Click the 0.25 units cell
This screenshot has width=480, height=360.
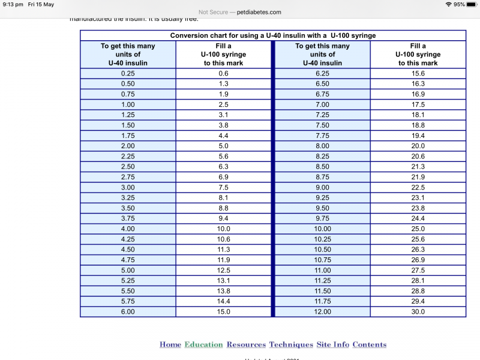pyautogui.click(x=128, y=73)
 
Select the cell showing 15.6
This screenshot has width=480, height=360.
pyautogui.click(x=418, y=73)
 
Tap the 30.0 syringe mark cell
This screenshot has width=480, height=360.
pyautogui.click(x=418, y=311)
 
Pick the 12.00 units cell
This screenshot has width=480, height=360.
pyautogui.click(x=322, y=311)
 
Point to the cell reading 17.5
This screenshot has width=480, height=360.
pyautogui.click(x=418, y=104)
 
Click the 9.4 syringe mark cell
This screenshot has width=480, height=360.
pyautogui.click(x=223, y=218)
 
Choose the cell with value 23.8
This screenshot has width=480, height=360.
pyautogui.click(x=418, y=208)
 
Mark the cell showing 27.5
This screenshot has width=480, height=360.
pyautogui.click(x=418, y=270)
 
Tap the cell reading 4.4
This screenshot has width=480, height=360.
pyautogui.click(x=223, y=136)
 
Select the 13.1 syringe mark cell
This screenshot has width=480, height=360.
pyautogui.click(x=223, y=280)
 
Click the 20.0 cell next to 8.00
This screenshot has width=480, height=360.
pyautogui.click(x=418, y=146)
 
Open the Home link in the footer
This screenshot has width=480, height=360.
pyautogui.click(x=170, y=344)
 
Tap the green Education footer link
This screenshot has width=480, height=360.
pyautogui.click(x=203, y=344)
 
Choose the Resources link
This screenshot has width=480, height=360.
pyautogui.click(x=246, y=344)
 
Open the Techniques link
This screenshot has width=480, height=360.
pyautogui.click(x=291, y=344)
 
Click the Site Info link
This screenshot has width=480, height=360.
pyautogui.click(x=332, y=344)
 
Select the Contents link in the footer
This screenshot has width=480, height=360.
pyautogui.click(x=369, y=344)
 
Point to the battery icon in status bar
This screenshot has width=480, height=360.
pyautogui.click(x=472, y=4)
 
